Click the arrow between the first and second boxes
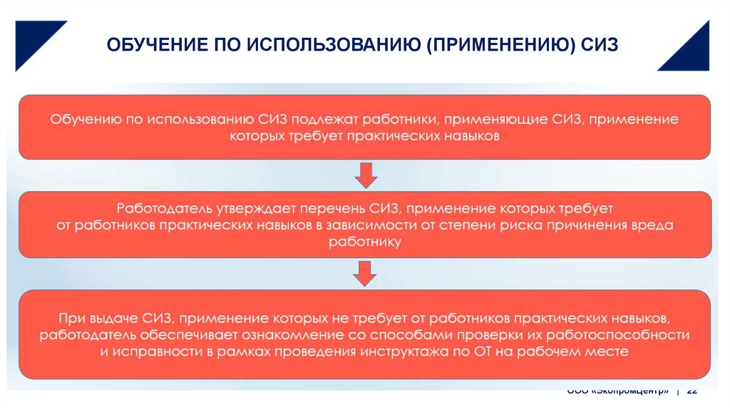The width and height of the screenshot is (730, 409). coord(365,175)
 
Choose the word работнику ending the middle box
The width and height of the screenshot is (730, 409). coord(365,242)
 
